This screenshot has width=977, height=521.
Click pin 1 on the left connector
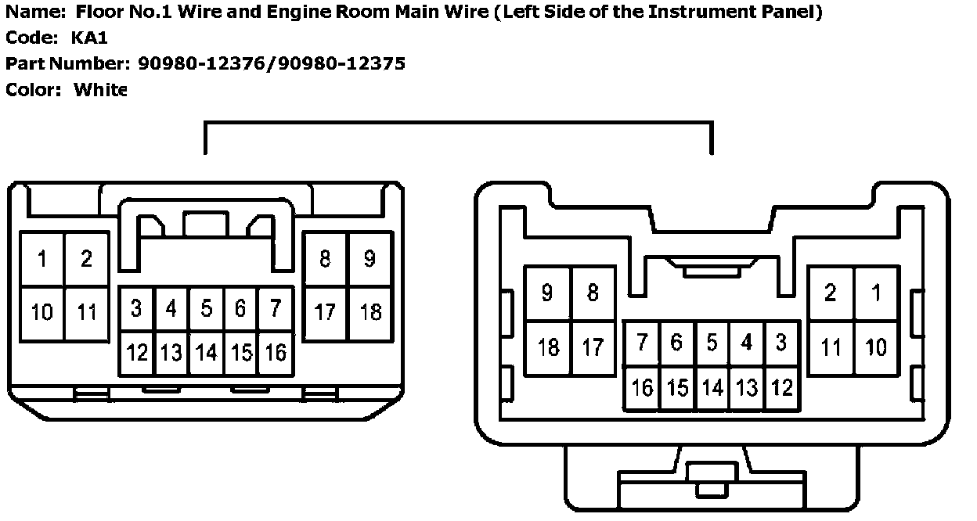42,258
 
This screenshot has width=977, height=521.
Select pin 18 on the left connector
370,313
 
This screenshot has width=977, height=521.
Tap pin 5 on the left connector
205,309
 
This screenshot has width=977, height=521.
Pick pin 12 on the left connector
136,353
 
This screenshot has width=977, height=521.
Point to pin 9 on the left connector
370,258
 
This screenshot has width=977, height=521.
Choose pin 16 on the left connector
275,353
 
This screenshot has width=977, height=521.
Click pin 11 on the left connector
87,313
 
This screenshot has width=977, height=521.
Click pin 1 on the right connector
877,293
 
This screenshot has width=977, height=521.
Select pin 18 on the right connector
548,347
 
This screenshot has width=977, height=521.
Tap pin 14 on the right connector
712,387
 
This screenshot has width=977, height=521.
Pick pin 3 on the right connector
781,343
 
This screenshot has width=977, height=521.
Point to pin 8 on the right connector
593,293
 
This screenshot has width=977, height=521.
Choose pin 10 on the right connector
877,347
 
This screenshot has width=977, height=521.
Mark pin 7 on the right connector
642,343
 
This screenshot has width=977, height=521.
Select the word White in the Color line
99,89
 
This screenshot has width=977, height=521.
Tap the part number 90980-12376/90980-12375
271,63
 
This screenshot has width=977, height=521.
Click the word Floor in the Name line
96,13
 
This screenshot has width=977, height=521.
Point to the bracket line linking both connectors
458,123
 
